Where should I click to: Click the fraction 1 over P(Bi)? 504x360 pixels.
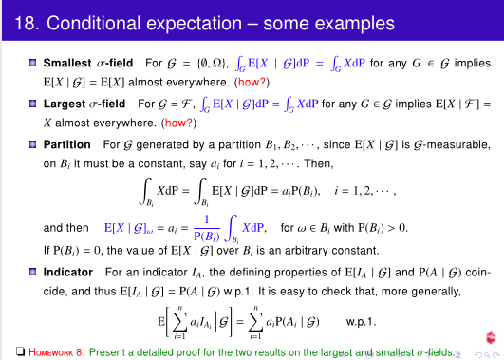coord(201,228)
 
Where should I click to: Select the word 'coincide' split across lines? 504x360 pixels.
coord(475,273)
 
